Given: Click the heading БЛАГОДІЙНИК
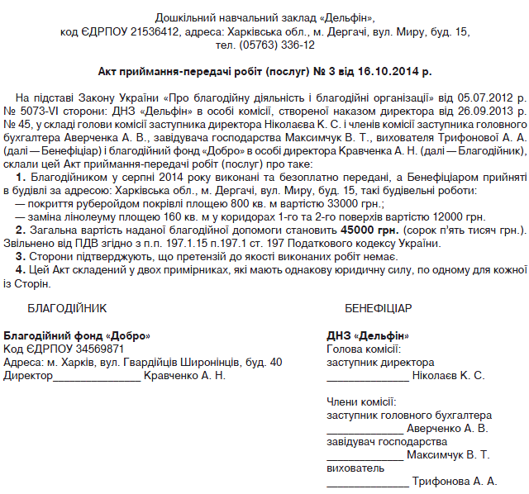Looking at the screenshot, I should tap(68, 307).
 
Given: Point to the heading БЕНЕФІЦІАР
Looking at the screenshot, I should tap(378, 307).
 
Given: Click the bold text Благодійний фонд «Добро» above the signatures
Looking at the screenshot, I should tap(78, 336).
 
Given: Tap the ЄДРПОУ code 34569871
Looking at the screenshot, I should tap(98, 349).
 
